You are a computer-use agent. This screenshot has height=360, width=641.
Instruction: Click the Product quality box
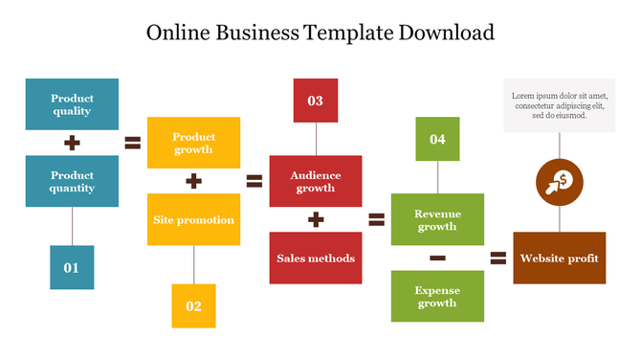point(72,104)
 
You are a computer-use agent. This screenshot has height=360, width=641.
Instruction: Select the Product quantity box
point(72,182)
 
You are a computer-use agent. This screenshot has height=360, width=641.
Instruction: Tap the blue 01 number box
point(72,267)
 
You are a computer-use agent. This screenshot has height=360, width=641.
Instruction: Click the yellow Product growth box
point(193,143)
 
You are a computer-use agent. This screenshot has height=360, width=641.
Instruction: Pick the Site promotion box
point(193,219)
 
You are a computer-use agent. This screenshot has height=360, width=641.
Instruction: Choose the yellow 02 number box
point(193,306)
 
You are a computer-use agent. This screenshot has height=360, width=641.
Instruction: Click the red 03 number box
point(315,101)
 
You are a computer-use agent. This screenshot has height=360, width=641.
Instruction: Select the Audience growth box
point(315,182)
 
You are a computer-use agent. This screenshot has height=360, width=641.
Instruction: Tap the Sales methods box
point(315,258)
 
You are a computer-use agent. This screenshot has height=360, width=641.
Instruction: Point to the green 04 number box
point(437,139)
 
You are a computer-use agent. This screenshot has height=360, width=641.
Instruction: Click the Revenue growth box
point(437,220)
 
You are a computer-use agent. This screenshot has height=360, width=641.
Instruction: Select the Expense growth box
point(437,296)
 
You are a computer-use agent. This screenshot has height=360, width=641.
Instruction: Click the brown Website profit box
point(559,258)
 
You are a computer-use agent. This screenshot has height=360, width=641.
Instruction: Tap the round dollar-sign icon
point(559,181)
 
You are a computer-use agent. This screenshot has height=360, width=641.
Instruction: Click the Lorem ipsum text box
point(559,105)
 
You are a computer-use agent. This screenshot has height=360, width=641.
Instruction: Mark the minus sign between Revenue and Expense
point(437,258)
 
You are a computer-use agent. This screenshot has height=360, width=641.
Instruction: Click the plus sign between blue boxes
point(72,144)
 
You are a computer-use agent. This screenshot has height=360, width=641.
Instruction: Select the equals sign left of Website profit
point(497,258)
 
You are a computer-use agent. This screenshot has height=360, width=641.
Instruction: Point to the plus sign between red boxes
point(315,220)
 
